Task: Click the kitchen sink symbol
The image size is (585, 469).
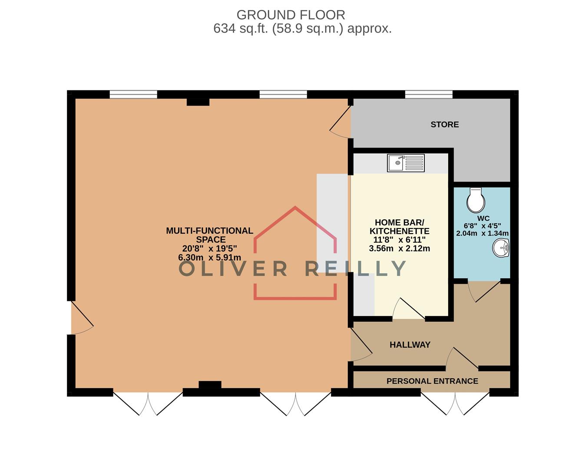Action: [x=406, y=163]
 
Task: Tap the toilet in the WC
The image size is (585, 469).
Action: [x=476, y=199]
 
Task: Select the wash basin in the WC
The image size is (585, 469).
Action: [x=501, y=249]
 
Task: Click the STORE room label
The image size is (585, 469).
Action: [x=444, y=125]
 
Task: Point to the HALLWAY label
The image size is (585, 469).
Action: [x=410, y=345]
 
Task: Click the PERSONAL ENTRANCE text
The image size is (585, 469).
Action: [x=432, y=381]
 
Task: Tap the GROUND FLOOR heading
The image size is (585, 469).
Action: [x=291, y=15]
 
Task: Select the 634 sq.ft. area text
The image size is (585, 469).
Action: [x=302, y=29]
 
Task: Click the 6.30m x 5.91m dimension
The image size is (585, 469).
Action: [x=209, y=258]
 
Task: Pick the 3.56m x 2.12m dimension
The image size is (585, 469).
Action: [x=399, y=249]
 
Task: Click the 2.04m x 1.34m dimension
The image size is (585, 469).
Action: [x=482, y=233]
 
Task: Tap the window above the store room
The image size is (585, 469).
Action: [x=429, y=94]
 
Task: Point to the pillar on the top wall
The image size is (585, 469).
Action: [x=198, y=102]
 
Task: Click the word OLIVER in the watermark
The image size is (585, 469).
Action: [x=233, y=269]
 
